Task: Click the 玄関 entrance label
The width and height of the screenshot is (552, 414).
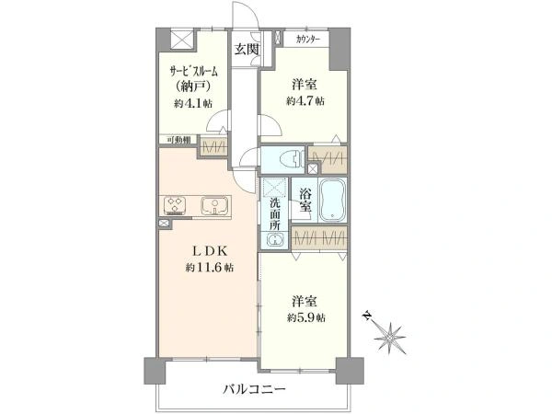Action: click(246, 49)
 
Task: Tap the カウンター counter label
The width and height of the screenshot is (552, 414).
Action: click(308, 40)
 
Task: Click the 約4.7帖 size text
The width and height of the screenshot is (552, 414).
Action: click(304, 101)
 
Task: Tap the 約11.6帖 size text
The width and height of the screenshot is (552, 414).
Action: click(211, 268)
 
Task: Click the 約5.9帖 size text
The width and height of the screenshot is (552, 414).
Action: click(305, 317)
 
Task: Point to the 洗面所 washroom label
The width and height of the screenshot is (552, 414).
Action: click(276, 213)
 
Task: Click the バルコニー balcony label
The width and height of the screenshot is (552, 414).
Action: click(254, 389)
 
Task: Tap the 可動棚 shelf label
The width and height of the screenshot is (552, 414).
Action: click(178, 139)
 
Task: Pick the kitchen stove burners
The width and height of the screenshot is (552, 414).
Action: click(176, 205)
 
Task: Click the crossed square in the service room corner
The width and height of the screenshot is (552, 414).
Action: click(183, 41)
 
